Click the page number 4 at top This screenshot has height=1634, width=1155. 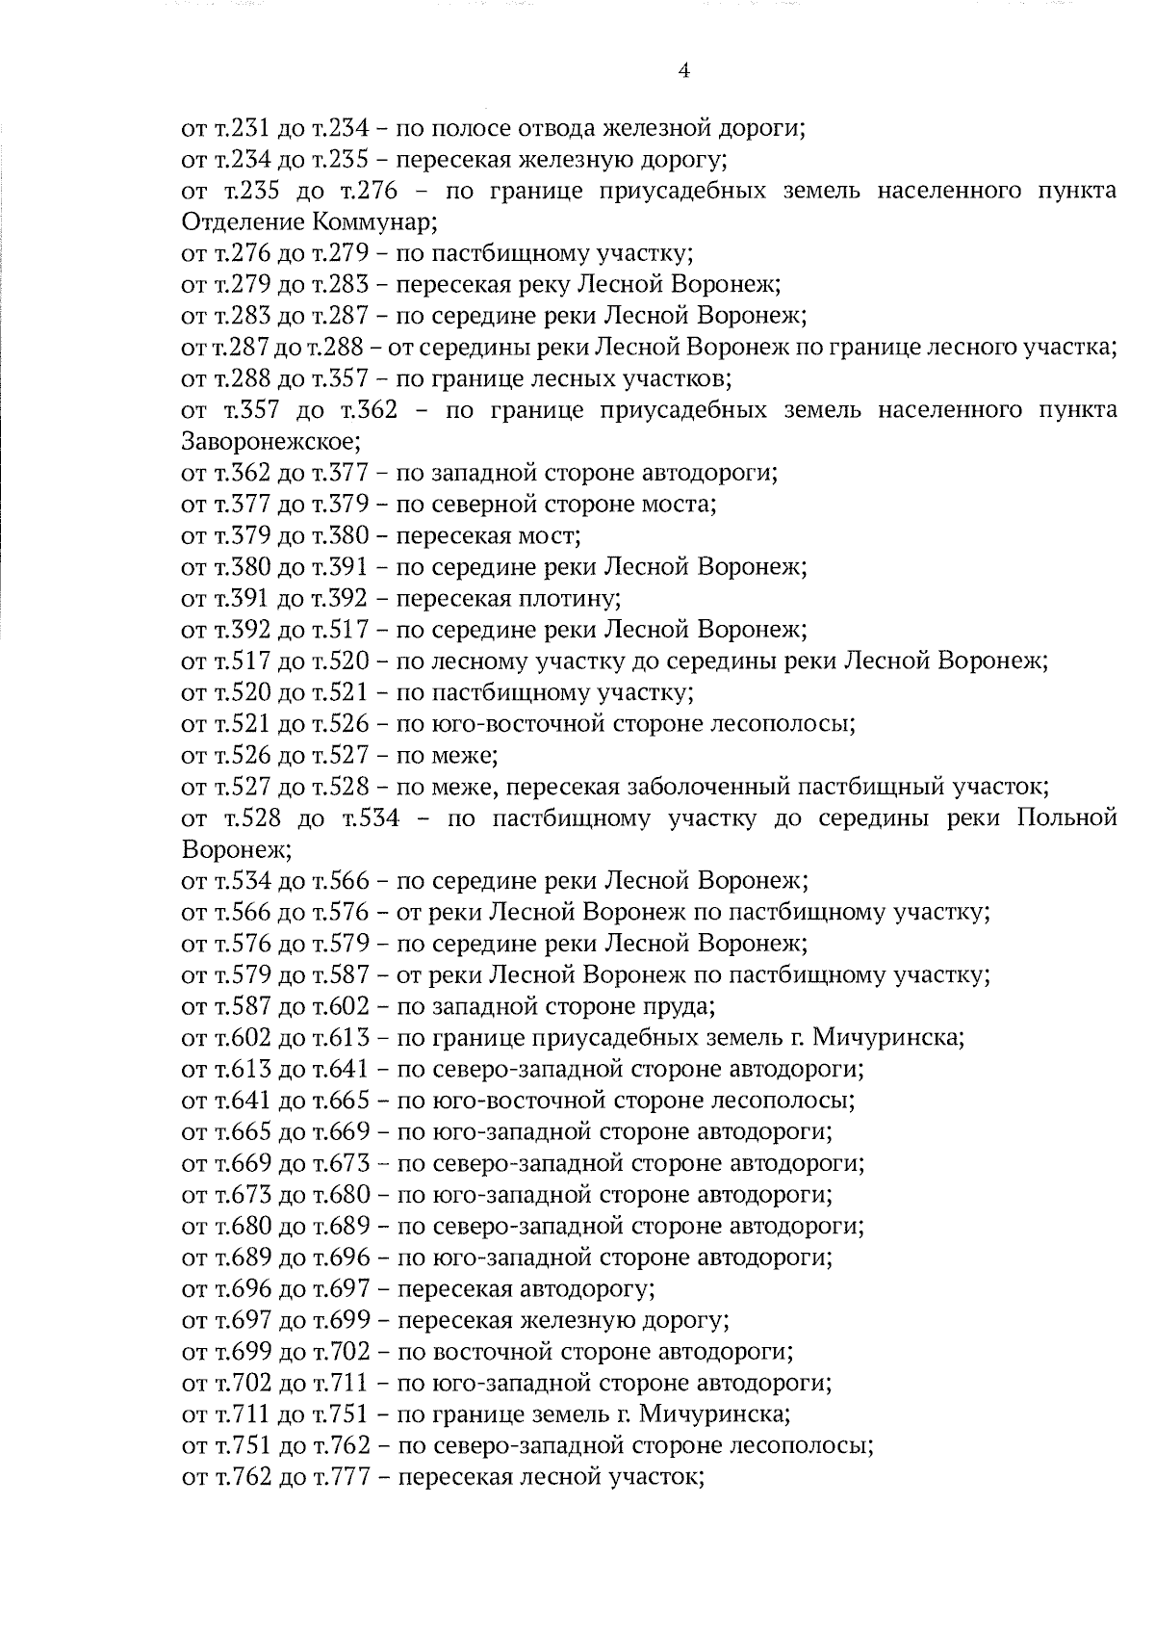click(x=683, y=71)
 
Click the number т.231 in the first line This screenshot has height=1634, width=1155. click(x=232, y=128)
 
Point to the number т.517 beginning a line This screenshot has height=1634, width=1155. click(x=232, y=661)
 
